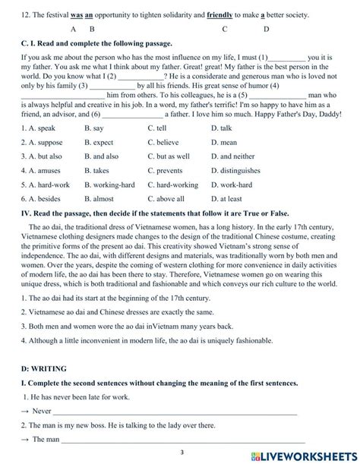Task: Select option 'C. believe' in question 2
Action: [x=163, y=142]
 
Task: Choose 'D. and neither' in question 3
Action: [x=232, y=156]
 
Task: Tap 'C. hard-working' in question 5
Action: [x=172, y=185]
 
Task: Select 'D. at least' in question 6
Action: [x=228, y=199]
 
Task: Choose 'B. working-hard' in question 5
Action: [x=109, y=185]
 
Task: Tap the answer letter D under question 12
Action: [x=266, y=30]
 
